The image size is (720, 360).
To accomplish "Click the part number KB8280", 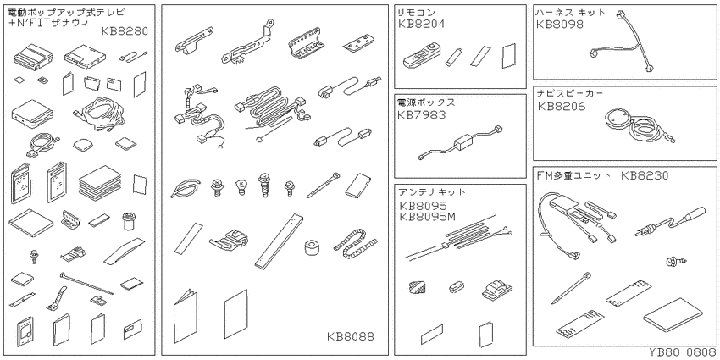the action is coord(125,31).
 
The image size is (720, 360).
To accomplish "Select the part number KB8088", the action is coord(351,336).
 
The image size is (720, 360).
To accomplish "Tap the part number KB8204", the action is coord(422,24).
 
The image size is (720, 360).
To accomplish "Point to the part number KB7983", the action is coord(422,114).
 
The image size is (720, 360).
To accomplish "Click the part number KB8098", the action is coord(560,24).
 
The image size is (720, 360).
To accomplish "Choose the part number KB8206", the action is coord(562,107).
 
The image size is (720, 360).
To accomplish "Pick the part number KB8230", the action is coord(645,176).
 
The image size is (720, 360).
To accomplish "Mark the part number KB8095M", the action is coord(427,216).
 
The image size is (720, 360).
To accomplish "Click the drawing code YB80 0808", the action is coord(682,352).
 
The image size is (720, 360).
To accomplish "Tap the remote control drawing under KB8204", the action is coord(420,56).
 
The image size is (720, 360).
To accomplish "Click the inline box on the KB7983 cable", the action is coord(464,142).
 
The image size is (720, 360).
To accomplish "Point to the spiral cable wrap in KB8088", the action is coord(355,245).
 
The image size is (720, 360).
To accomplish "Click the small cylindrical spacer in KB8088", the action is coord(312,247).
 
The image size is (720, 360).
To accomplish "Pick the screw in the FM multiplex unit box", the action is coord(676,262).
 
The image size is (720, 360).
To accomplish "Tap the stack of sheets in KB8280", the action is coord(100,183).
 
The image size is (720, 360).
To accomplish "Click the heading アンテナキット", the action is coord(432,192).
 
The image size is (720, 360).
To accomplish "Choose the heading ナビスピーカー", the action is coord(570,94).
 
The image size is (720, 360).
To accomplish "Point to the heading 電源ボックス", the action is coord(426,102).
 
